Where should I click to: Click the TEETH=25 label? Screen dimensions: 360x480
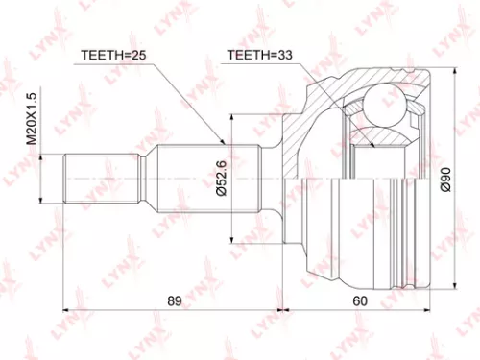[x=111, y=55]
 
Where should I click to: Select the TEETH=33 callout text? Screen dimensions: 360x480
[x=259, y=55]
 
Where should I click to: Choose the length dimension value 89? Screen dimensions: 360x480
[x=174, y=301]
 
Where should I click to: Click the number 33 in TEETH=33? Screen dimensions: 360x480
[x=286, y=55]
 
